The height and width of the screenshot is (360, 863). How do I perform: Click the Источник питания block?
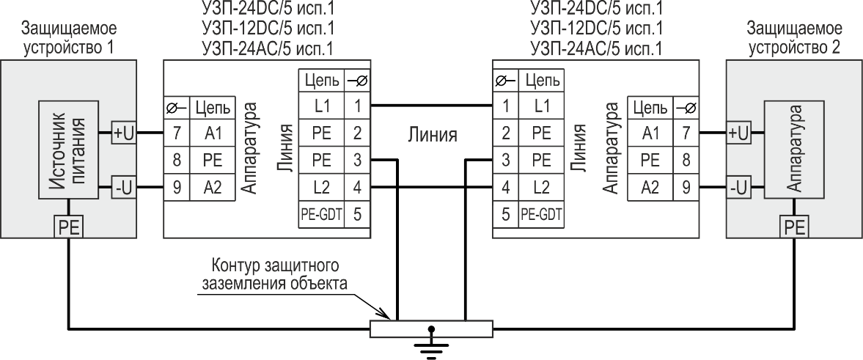tap(68, 150)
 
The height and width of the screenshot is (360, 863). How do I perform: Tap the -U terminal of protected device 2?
tap(739, 188)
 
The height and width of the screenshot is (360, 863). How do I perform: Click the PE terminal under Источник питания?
tap(68, 227)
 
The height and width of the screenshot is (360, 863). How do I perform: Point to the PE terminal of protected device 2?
tap(793, 227)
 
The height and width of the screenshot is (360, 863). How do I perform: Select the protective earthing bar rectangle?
tap(431, 328)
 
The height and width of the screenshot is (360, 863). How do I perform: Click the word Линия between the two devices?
tap(432, 134)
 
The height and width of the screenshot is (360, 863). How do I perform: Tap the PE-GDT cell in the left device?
tap(322, 214)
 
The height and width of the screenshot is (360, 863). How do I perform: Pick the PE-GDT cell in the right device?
tap(541, 214)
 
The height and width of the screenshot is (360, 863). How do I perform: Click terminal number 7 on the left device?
tap(177, 133)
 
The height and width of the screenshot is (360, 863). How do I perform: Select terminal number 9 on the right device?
tap(686, 188)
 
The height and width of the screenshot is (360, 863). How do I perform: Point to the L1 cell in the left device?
tap(322, 106)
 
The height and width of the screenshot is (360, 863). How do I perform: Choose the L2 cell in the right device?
tap(541, 188)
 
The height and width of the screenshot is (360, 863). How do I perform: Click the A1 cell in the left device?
tap(212, 133)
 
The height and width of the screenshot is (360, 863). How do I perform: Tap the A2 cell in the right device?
tap(650, 188)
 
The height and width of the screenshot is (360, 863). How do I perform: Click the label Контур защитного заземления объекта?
tap(275, 275)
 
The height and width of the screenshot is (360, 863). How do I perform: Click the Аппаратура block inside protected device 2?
tap(793, 150)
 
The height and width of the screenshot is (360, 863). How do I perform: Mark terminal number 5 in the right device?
tap(505, 214)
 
